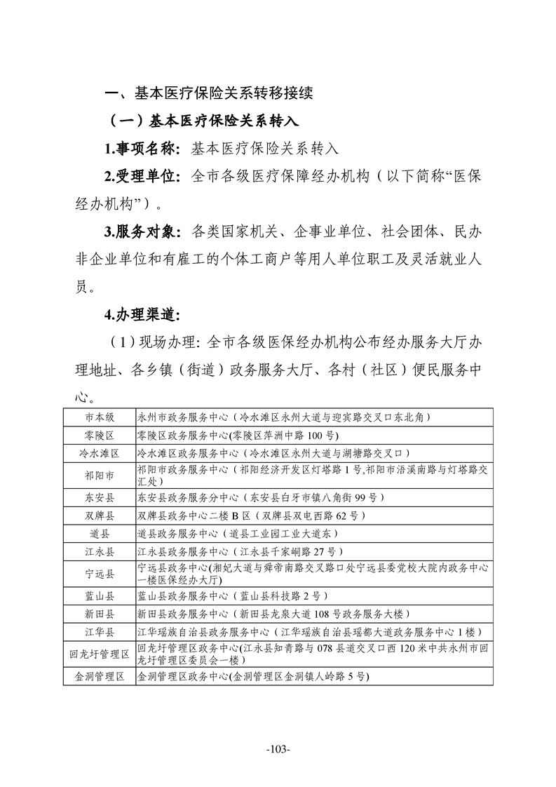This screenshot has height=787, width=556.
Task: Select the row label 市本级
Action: [x=99, y=416]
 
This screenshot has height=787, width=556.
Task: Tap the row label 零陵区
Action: [x=99, y=435]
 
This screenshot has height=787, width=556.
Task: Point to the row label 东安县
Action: [x=99, y=498]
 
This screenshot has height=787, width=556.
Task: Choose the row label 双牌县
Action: [x=99, y=516]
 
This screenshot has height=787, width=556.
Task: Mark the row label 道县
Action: [x=99, y=534]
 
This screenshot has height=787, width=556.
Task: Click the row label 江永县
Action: [x=99, y=552]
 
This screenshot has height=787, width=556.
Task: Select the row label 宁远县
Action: [x=99, y=574]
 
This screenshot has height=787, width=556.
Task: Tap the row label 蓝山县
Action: [x=99, y=596]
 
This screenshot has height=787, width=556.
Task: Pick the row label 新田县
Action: [x=99, y=614]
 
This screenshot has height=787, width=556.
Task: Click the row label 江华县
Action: [x=99, y=632]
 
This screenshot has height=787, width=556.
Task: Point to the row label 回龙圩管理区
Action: [x=99, y=654]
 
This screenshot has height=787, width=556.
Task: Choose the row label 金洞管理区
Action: [x=99, y=677]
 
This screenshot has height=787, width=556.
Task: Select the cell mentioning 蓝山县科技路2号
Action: [x=231, y=596]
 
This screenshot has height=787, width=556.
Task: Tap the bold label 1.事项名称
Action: [x=142, y=149]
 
